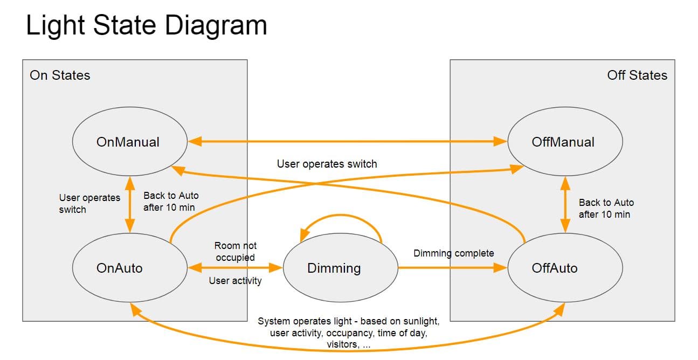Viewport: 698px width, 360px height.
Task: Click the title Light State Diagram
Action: tap(147, 26)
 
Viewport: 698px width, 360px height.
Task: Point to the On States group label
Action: tap(60, 75)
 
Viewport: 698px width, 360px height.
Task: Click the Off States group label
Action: tap(637, 75)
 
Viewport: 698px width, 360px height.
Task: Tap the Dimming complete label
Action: tap(454, 253)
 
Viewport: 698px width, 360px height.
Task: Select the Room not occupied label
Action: tap(236, 252)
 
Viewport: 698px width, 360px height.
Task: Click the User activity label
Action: tap(235, 281)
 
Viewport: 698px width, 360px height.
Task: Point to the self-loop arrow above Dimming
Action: tap(341, 215)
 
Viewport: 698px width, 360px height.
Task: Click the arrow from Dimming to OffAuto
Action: tap(453, 267)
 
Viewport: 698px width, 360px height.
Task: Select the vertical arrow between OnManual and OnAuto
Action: tap(129, 204)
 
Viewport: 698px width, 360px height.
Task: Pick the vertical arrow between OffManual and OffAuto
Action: tap(565, 204)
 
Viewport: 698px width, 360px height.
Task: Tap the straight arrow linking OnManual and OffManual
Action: tap(348, 141)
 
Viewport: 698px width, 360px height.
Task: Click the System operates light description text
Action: tap(349, 333)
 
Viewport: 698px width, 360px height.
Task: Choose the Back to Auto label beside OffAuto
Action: tap(606, 209)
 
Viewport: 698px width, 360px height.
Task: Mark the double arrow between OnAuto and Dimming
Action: tap(235, 267)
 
